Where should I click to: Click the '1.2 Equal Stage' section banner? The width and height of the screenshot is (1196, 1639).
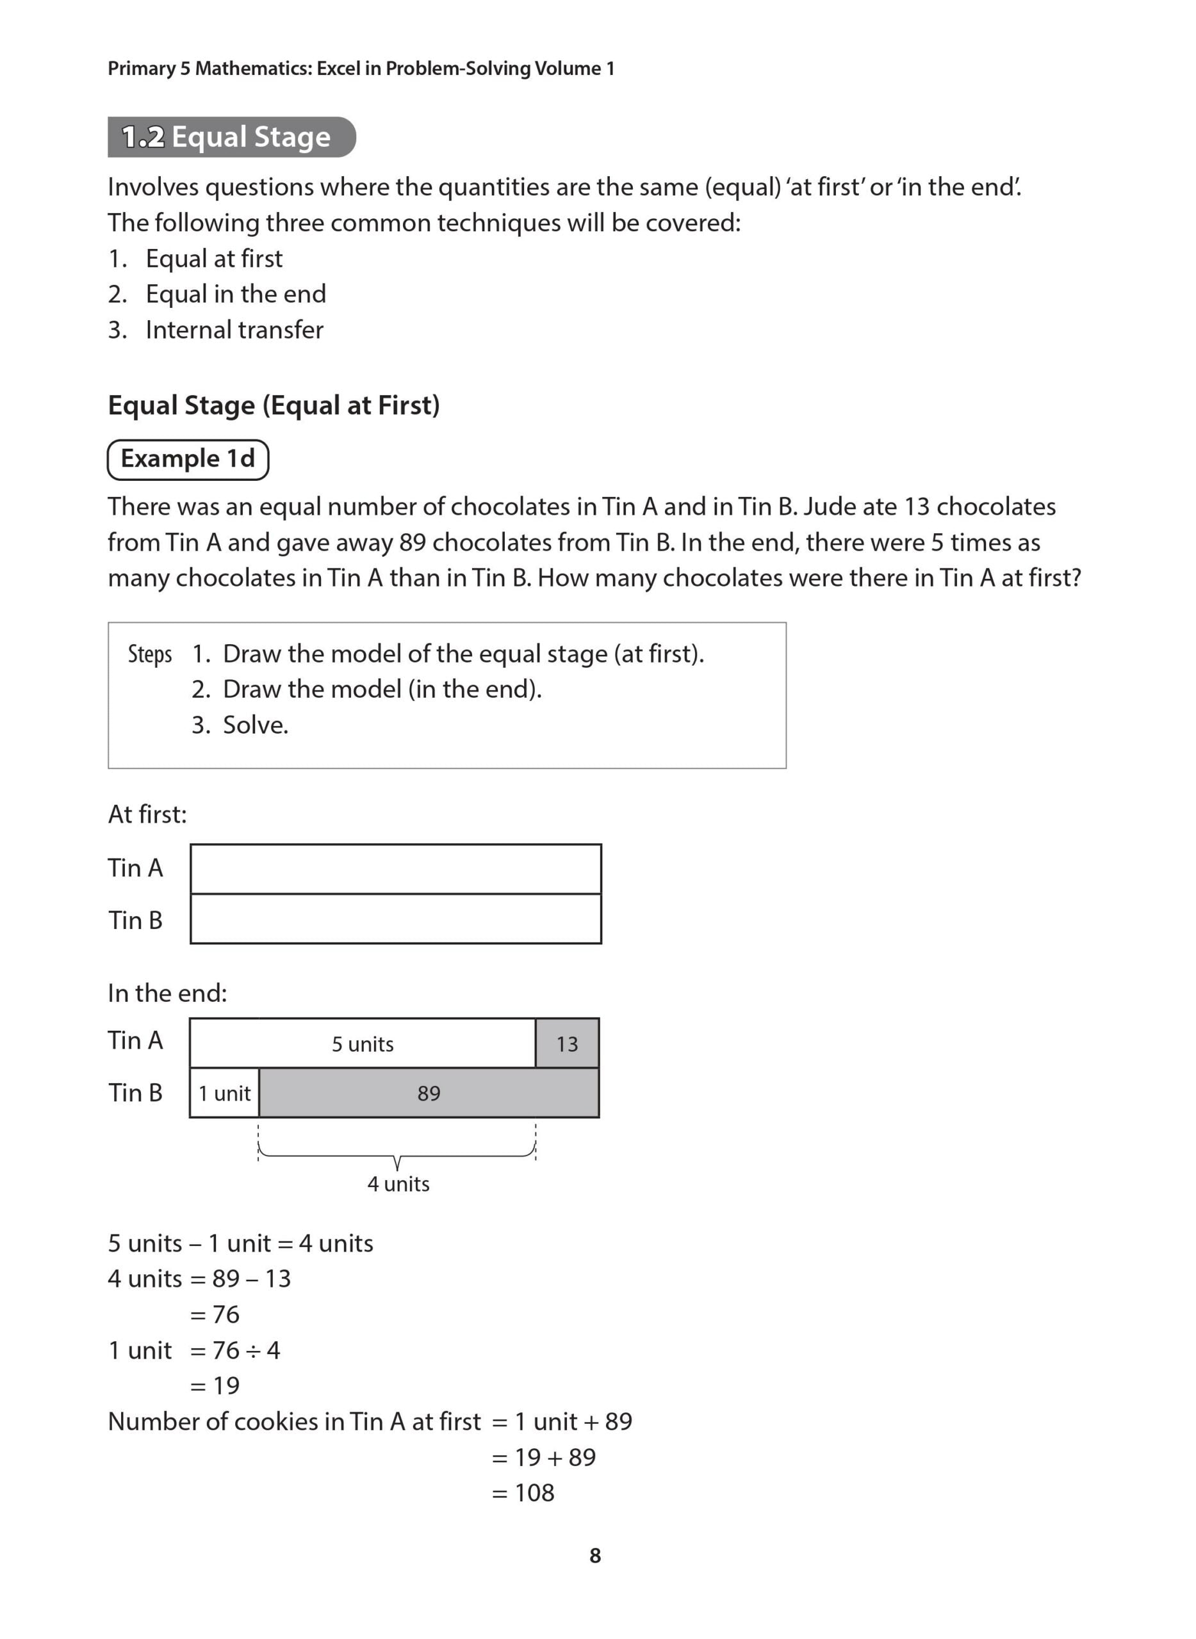tap(231, 137)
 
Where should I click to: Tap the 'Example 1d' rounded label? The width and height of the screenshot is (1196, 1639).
tap(188, 459)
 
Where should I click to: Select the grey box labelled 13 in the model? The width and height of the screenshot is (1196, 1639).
tap(567, 1044)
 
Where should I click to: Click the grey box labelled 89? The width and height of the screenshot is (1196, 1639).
tap(429, 1093)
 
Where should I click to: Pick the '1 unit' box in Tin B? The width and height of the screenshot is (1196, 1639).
tap(224, 1093)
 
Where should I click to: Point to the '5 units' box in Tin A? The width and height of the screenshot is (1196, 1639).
tap(362, 1044)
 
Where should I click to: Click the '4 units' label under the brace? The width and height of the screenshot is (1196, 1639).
tap(398, 1184)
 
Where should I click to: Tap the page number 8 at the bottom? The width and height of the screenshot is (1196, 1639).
tap(595, 1555)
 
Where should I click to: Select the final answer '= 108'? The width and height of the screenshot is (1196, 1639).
tap(523, 1492)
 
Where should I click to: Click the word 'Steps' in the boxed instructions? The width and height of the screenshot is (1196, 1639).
tap(150, 654)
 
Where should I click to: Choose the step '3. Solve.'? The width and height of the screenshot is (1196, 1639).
tap(240, 724)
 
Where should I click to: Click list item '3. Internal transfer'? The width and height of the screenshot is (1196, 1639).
tap(216, 330)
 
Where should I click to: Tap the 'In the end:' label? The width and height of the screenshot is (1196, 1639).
tap(167, 993)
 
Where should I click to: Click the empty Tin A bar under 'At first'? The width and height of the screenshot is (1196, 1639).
tap(395, 868)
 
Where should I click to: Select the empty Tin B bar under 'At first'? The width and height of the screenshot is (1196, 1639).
tap(395, 919)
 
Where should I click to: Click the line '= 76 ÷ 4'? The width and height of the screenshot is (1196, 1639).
tap(234, 1350)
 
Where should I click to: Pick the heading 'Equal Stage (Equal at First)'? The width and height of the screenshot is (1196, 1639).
tap(274, 405)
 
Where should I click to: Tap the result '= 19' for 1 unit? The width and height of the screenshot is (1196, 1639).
tap(215, 1385)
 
